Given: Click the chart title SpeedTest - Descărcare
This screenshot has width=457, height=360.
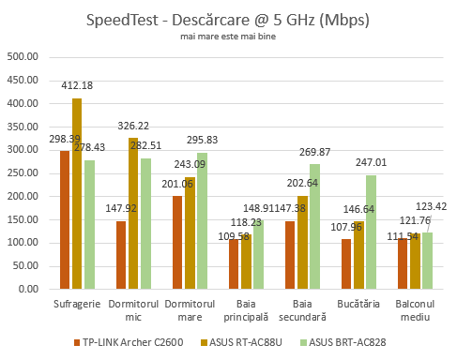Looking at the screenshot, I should [x=228, y=20].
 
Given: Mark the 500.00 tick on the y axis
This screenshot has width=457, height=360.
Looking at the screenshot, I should [x=22, y=56].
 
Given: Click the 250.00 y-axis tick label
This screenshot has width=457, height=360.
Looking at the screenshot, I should [x=22, y=172].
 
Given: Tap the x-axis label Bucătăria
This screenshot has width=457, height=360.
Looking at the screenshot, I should [x=358, y=306].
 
